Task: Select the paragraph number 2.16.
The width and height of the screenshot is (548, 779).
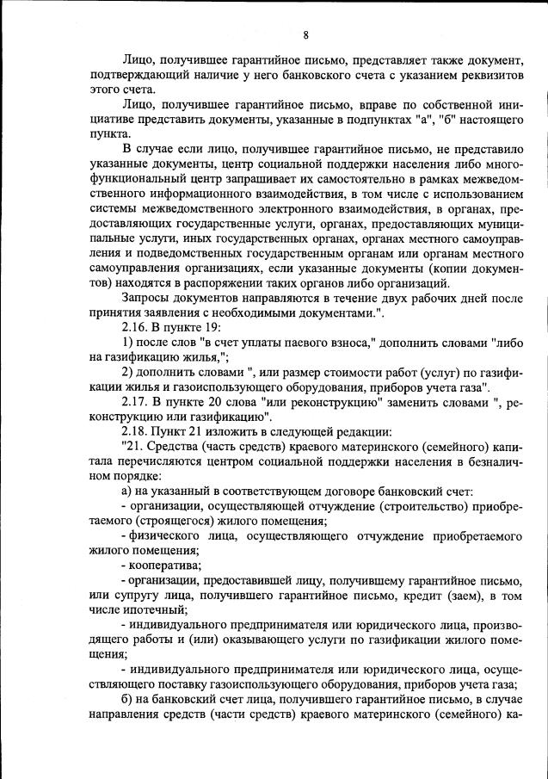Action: click(x=136, y=327)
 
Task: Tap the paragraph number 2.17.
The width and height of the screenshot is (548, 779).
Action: click(x=136, y=401)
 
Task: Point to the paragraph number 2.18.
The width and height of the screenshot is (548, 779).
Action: click(x=136, y=431)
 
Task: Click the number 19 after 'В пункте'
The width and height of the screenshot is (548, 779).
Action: click(x=212, y=327)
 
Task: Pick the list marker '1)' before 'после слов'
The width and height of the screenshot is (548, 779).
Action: click(x=128, y=342)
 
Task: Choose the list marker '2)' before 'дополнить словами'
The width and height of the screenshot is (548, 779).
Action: click(x=128, y=372)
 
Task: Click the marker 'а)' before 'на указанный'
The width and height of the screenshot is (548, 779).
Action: click(x=127, y=491)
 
